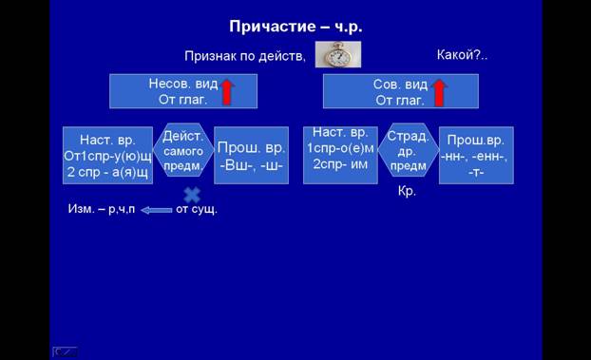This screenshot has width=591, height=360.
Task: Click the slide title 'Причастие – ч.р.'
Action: point(295,27)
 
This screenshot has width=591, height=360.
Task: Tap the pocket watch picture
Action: point(338,55)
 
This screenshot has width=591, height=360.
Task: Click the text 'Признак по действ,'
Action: point(245,56)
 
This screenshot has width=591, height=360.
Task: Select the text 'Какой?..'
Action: point(462,55)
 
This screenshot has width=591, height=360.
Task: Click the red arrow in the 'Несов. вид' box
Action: point(227,91)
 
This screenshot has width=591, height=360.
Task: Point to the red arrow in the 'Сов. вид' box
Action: point(439,93)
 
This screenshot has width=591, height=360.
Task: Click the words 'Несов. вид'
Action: point(183,84)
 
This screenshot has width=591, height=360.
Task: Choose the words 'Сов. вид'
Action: point(400,85)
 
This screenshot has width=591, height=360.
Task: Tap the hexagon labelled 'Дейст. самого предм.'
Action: point(183,150)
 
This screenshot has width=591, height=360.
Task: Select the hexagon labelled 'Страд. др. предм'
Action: point(409,150)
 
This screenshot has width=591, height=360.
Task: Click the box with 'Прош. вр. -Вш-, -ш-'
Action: point(252,156)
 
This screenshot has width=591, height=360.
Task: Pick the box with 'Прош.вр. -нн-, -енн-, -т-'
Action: point(476,156)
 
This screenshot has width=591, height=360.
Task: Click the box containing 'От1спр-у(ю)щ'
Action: point(107,156)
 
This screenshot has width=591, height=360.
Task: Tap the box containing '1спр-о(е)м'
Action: point(340,156)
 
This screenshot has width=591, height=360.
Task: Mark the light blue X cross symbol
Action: point(192,196)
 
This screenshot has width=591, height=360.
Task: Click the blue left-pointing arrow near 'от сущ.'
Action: point(157,210)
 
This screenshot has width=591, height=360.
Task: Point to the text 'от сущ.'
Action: point(197,209)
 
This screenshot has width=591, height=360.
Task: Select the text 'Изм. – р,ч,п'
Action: point(102,209)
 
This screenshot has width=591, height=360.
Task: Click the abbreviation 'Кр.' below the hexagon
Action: point(407,191)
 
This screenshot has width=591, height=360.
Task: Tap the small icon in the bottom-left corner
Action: point(65,351)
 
